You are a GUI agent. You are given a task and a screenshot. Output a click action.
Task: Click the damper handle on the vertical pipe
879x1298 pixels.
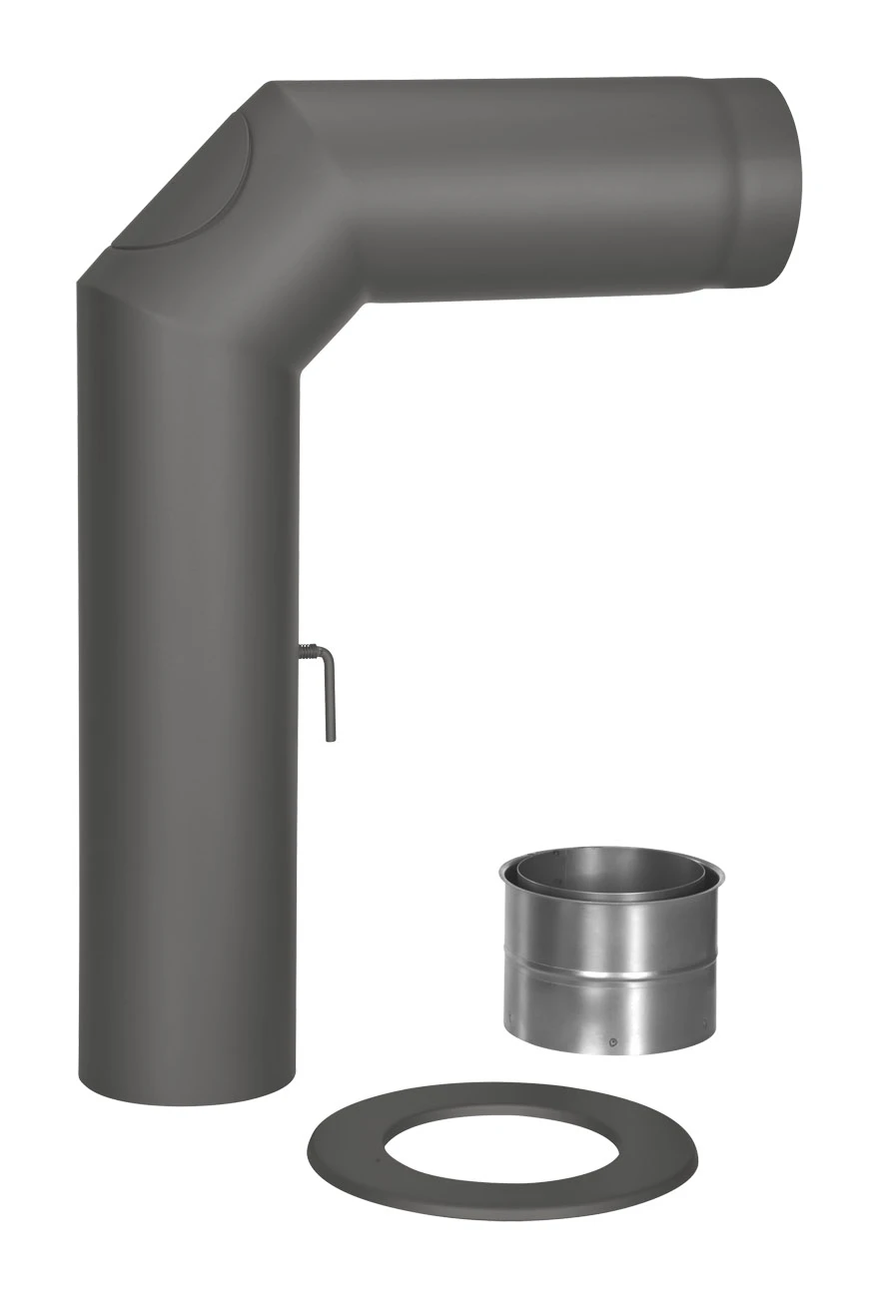[330, 699]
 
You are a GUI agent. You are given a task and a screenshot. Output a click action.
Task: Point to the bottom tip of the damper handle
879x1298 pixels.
[331, 738]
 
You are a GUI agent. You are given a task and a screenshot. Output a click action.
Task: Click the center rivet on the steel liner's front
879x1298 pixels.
[611, 1044]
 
